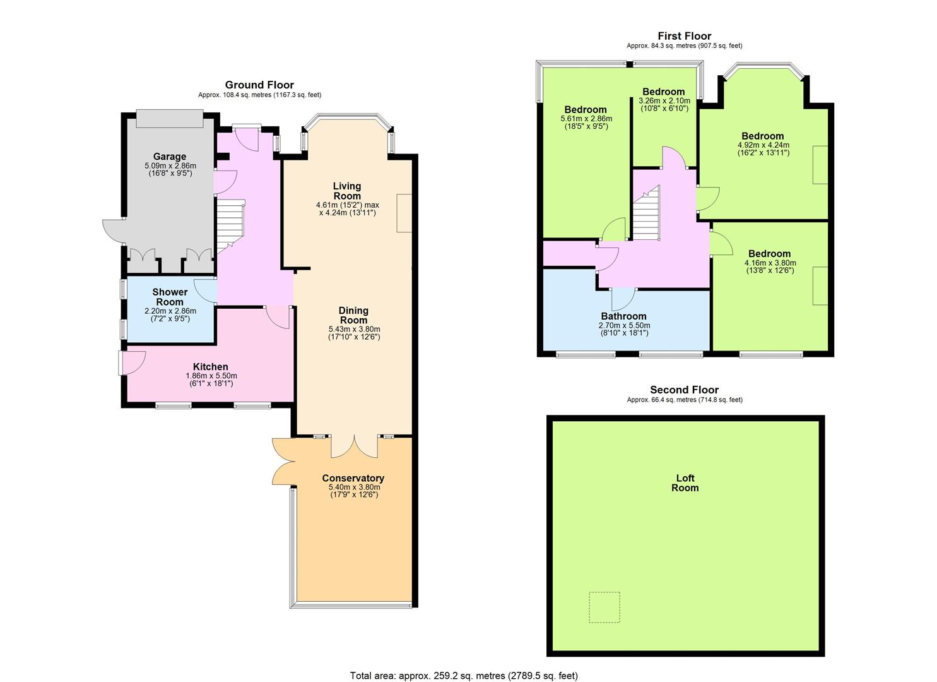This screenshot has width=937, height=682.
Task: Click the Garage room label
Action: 169,157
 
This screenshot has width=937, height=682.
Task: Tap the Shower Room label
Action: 170,297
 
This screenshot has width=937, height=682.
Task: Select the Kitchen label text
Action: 210,367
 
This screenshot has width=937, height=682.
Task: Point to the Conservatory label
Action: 353,478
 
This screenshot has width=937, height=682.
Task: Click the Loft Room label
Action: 685,482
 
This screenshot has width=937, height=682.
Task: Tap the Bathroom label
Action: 623,316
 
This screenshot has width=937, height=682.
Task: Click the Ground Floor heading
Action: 259,85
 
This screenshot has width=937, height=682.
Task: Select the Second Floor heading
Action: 685,390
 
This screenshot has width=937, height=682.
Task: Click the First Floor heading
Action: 685,36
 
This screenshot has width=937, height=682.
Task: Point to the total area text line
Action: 464,675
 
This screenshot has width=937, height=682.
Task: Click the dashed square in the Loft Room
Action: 604,607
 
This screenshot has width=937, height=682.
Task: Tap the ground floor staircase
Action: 230,226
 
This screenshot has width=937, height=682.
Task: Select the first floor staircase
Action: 645,213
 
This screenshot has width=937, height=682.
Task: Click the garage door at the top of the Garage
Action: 169,119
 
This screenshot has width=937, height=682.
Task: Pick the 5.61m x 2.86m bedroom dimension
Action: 586,119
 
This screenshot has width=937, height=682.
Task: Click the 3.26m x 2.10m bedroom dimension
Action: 664,100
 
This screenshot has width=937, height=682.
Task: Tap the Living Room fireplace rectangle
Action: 404,213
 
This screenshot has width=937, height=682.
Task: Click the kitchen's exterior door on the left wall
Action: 132,363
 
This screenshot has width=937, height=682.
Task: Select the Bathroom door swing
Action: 623,299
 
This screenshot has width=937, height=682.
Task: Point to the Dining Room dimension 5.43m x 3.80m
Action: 355,329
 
